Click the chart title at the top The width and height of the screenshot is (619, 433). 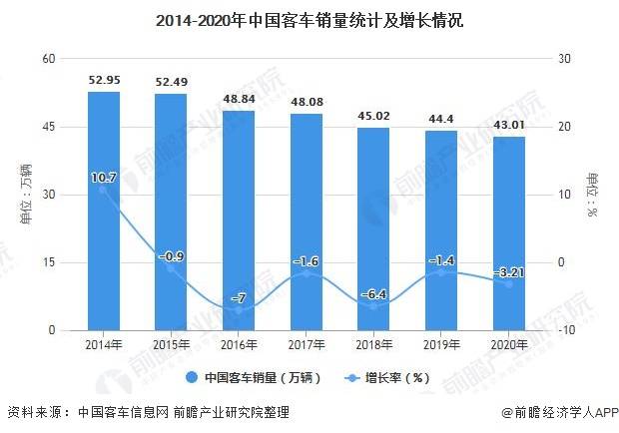click(x=309, y=19)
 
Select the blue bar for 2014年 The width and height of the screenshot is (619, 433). click(x=104, y=211)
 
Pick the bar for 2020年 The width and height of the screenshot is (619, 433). click(x=509, y=233)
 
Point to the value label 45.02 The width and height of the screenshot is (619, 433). click(x=373, y=116)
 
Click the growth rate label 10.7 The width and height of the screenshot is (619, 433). click(x=104, y=178)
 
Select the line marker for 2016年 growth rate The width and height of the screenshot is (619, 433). click(x=239, y=310)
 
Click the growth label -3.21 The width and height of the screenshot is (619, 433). click(x=509, y=270)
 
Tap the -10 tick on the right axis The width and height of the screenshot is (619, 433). click(x=567, y=330)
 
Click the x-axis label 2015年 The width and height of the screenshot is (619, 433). click(x=171, y=344)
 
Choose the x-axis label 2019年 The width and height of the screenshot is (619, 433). click(x=441, y=344)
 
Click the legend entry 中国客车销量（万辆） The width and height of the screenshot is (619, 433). click(x=251, y=377)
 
